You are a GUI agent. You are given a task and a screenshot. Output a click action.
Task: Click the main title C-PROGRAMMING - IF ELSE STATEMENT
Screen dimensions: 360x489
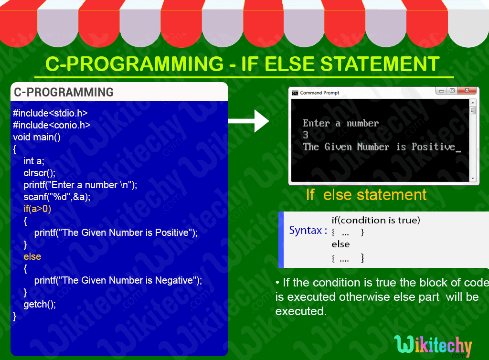tap(242, 64)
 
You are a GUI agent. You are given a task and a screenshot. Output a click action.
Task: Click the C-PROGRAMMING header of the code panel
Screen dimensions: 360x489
tap(64, 92)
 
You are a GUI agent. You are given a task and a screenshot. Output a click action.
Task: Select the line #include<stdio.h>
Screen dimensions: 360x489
tap(50, 113)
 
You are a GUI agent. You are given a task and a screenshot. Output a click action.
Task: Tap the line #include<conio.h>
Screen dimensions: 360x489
tap(52, 125)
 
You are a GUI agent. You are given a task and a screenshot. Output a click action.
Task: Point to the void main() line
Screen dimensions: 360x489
tap(37, 137)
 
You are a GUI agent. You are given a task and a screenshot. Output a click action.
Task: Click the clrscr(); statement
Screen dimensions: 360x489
tap(40, 173)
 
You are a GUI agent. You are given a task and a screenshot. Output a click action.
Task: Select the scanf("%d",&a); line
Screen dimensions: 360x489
tap(57, 197)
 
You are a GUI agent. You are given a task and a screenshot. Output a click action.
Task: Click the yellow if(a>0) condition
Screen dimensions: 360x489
tap(37, 209)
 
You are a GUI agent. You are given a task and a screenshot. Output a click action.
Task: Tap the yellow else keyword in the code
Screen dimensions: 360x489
tap(32, 256)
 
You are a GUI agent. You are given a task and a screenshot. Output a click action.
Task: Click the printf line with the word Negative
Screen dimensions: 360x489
tap(118, 280)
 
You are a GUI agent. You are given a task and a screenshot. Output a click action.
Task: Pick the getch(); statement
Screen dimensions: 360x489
tap(40, 304)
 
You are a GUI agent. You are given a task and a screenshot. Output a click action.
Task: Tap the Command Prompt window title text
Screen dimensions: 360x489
tap(319, 93)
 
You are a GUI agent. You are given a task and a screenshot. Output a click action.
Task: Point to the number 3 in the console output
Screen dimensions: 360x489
tap(306, 135)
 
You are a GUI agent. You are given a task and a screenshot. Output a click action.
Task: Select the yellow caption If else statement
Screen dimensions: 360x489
tap(366, 195)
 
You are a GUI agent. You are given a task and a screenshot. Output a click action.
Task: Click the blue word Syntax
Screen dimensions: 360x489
tap(305, 231)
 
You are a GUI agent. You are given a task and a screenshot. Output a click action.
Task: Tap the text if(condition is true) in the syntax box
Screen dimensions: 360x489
tap(376, 220)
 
